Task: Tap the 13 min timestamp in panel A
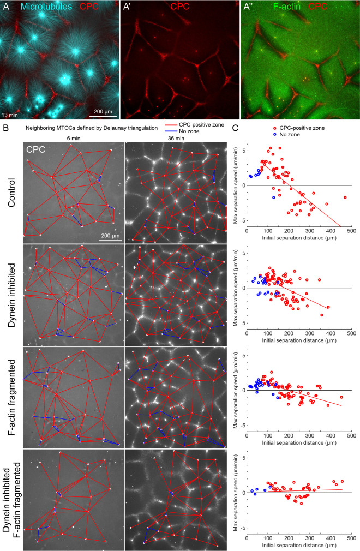[x=11, y=114]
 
